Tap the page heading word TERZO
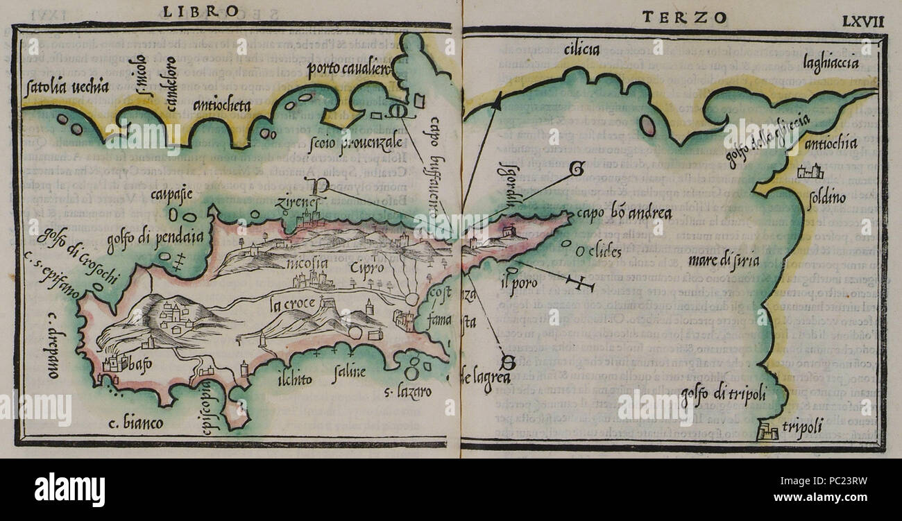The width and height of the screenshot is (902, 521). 684,17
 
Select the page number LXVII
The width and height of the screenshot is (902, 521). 863,20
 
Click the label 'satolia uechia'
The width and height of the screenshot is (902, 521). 66,87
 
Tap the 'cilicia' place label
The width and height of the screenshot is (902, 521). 580,49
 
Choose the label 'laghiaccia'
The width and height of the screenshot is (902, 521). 831,63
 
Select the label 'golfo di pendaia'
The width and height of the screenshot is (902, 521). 155,238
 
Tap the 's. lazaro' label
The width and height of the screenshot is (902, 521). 408,392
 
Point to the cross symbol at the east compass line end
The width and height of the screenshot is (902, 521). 580,282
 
